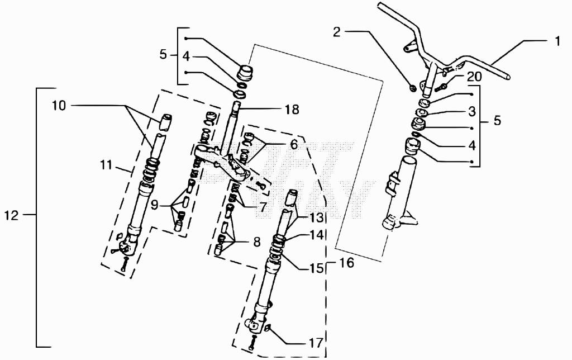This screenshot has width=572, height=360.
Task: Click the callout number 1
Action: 557,41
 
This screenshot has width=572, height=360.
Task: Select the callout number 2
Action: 337,32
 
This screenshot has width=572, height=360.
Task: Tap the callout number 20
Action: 474,77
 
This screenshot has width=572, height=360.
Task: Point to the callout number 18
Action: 292,109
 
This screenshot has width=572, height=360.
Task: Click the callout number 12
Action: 11,215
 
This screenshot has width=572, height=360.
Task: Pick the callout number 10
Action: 58,106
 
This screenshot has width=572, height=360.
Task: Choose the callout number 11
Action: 106,165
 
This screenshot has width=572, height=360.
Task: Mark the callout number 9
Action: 154,205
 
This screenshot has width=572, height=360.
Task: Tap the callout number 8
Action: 257,241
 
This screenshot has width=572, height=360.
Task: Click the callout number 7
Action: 263,207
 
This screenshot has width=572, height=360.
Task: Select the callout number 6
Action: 294,145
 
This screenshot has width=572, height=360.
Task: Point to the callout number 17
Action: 316,343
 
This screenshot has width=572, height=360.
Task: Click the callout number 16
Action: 346,263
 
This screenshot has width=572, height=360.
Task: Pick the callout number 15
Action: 317,268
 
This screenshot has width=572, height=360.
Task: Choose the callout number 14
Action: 317,235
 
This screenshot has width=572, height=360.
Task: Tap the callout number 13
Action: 317,218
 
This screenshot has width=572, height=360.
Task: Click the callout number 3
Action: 471,111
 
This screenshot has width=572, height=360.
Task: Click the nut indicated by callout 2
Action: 413,88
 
